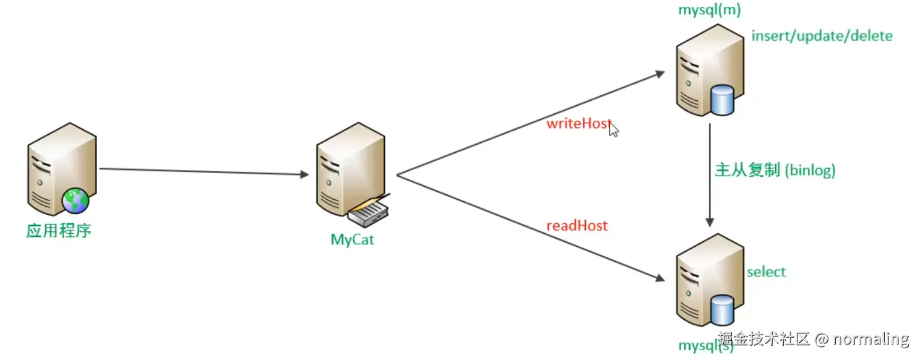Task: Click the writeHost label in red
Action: point(578,123)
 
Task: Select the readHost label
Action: point(577,225)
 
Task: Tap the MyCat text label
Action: point(352,239)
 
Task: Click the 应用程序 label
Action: point(59,231)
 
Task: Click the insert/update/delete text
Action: point(822,36)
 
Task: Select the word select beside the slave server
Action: point(766,272)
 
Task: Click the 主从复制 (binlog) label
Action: point(775,170)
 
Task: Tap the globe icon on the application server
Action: point(75,200)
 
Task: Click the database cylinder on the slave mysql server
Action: point(721,309)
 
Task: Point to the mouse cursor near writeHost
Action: point(614,129)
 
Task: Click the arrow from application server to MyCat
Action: point(204,171)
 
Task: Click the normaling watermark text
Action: point(871,339)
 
